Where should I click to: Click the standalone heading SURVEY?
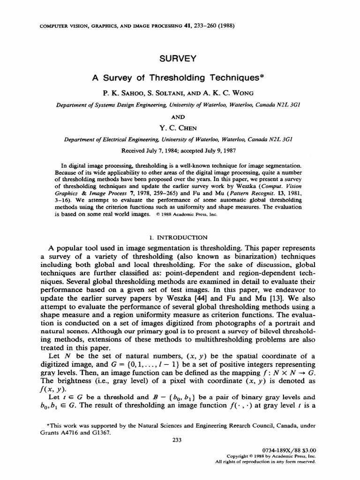(x=180, y=59)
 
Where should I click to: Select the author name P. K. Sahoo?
(x=124, y=94)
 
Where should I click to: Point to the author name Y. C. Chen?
(x=180, y=128)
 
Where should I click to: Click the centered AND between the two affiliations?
(x=180, y=117)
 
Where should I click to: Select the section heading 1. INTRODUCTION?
(x=180, y=237)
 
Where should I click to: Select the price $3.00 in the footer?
(x=307, y=449)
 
